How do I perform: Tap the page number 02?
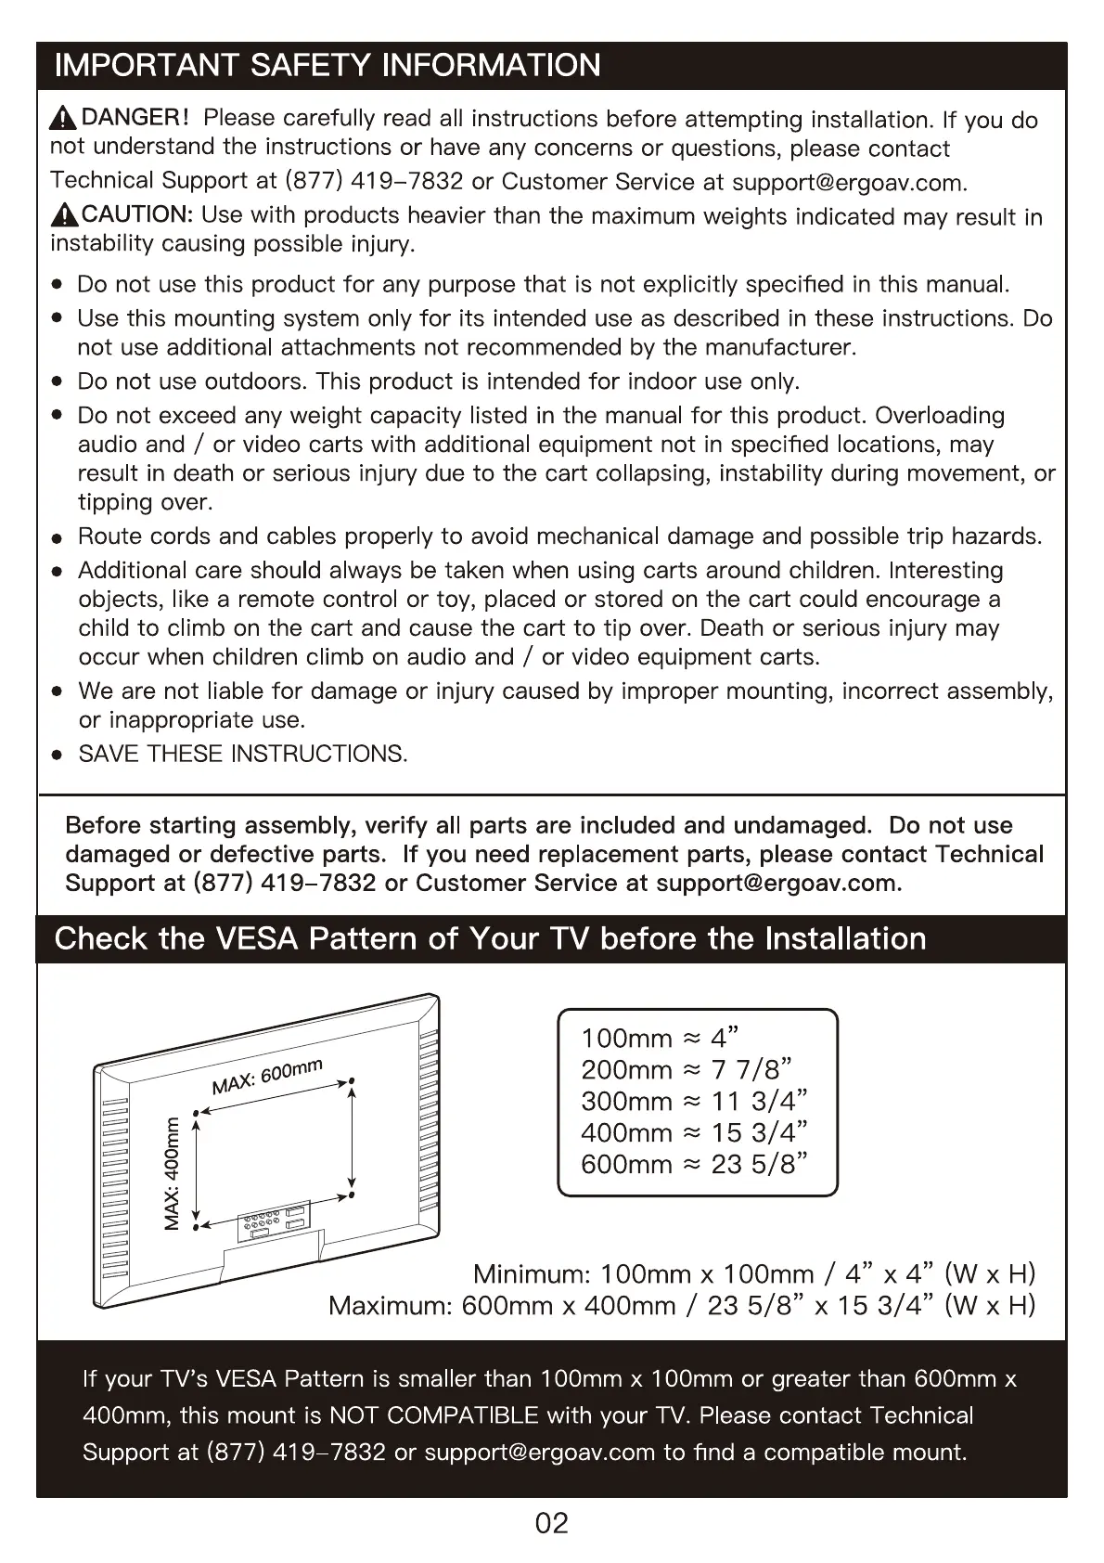(551, 1523)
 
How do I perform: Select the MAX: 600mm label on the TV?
(267, 1076)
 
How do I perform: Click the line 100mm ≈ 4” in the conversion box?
(660, 1038)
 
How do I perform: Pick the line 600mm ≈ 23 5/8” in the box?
(695, 1164)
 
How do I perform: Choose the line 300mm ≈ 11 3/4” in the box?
(694, 1101)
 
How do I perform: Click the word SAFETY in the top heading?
(311, 65)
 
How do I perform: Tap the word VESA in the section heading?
(256, 938)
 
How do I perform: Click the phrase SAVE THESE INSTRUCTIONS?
(243, 754)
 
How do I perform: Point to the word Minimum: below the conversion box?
(532, 1273)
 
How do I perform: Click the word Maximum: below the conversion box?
(390, 1306)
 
